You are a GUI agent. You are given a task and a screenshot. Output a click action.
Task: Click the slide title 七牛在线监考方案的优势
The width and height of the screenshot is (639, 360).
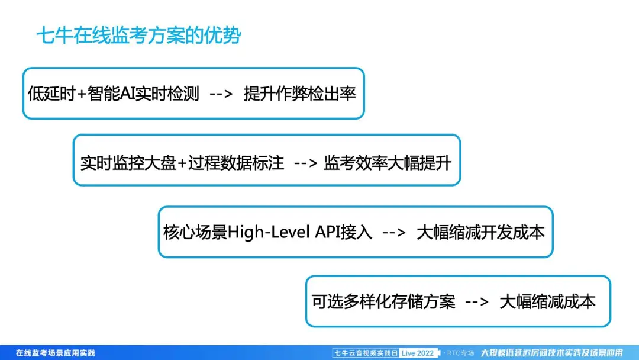point(138,36)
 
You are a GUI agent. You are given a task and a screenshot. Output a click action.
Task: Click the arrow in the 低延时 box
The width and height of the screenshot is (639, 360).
point(221,94)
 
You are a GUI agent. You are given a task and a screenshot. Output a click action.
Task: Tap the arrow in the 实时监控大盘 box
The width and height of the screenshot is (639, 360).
point(306,163)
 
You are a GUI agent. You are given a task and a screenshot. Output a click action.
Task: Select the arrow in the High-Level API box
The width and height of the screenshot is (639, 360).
point(393,233)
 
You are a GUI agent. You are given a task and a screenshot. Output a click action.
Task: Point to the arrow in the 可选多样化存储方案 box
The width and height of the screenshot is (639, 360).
point(477,302)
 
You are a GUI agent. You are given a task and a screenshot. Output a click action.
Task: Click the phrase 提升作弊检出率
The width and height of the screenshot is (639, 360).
point(300,94)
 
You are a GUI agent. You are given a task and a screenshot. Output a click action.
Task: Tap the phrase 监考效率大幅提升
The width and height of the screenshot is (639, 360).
point(388,163)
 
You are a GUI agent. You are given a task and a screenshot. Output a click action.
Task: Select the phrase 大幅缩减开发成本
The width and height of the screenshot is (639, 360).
point(480,232)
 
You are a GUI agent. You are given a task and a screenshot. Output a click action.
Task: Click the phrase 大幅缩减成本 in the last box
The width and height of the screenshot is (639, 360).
point(548,302)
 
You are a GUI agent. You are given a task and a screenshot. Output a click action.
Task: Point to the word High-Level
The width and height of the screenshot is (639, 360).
point(269,232)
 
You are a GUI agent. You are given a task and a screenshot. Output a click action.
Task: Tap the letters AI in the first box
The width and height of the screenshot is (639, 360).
point(128,94)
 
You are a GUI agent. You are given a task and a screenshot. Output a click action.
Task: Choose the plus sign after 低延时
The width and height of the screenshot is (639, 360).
point(82,94)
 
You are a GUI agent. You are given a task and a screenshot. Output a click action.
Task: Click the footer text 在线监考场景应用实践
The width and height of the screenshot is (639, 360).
point(56,353)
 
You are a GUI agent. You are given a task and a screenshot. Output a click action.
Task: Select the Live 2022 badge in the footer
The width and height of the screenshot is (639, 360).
point(418,353)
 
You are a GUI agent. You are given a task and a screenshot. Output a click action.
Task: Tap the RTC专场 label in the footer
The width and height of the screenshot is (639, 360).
point(460,353)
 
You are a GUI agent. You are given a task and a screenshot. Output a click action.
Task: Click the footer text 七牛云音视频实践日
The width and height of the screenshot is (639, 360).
point(366,353)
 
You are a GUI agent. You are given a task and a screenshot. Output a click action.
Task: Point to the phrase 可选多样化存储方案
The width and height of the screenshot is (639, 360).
point(383,302)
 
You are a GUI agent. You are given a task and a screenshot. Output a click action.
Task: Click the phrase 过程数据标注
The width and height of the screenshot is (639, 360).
point(236,163)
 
